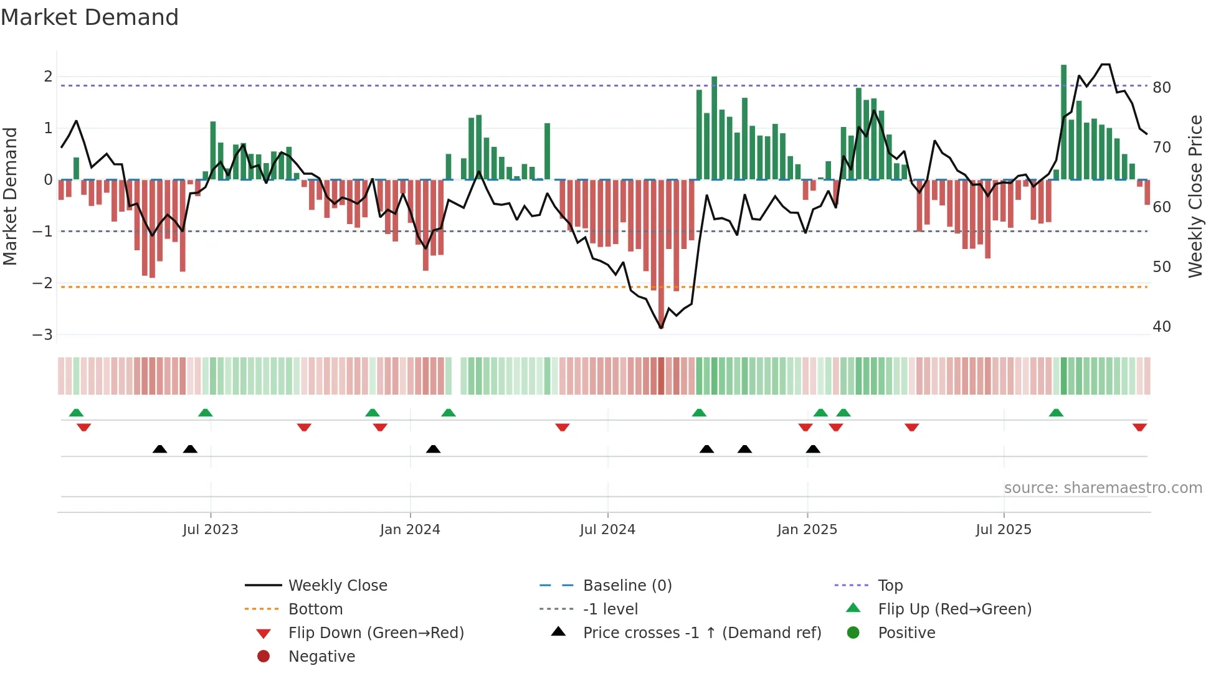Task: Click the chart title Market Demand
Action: (90, 17)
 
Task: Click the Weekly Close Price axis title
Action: (1195, 196)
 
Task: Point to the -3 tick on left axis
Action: (42, 335)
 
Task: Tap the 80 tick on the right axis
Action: (1161, 88)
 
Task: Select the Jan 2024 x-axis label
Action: (410, 530)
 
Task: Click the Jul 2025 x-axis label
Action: (1003, 530)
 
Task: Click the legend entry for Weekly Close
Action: (337, 586)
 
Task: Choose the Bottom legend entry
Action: (315, 609)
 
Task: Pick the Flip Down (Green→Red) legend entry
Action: (376, 633)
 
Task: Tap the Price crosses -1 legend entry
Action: (701, 633)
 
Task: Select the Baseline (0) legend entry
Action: (627, 586)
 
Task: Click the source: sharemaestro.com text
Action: (1103, 488)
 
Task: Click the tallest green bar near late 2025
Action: (1063, 121)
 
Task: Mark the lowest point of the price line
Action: (661, 327)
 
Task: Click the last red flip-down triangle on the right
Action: (1139, 427)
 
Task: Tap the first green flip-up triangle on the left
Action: (76, 413)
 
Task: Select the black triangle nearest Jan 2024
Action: (433, 449)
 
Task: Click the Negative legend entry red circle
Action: (264, 657)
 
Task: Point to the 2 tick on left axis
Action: (48, 77)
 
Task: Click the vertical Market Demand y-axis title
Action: (11, 196)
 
